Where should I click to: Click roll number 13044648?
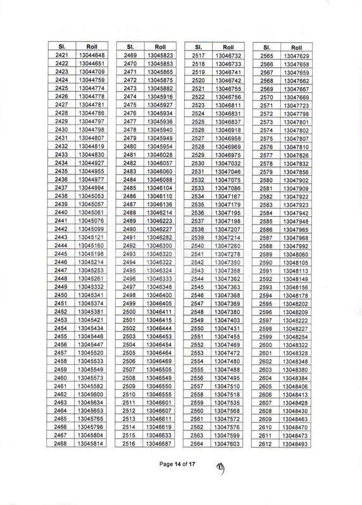click(87, 56)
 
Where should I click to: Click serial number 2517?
click(197, 56)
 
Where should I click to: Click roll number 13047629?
click(296, 56)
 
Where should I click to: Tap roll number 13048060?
click(296, 253)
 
